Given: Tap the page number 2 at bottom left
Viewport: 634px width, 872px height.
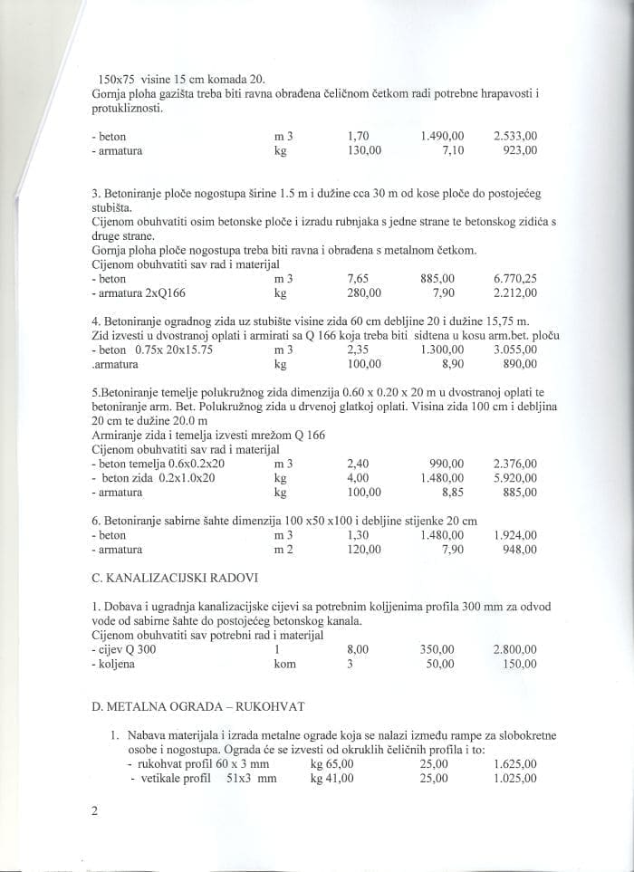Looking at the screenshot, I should (95, 810).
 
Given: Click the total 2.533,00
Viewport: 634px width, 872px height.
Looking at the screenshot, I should (515, 136).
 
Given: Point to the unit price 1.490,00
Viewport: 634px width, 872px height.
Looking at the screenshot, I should (443, 136).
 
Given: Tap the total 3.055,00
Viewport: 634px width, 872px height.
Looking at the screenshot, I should (515, 349).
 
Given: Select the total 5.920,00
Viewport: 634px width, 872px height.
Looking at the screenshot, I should (515, 477).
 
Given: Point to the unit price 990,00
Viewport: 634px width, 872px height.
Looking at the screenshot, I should (447, 463).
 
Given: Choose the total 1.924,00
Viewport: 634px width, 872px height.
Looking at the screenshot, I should (515, 534).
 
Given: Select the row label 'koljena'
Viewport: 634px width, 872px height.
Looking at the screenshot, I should (114, 664).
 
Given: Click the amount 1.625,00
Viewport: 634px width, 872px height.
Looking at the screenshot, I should (515, 763).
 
